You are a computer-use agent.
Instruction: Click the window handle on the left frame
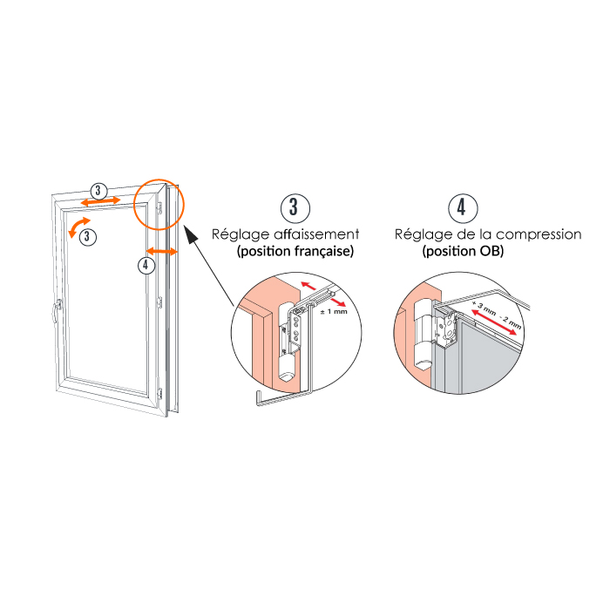pyautogui.click(x=58, y=310)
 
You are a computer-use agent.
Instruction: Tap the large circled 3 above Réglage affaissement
pyautogui.click(x=295, y=208)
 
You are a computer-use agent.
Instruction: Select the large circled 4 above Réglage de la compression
pyautogui.click(x=463, y=208)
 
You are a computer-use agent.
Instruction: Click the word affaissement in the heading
pyautogui.click(x=316, y=234)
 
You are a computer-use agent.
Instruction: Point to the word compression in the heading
pyautogui.click(x=539, y=234)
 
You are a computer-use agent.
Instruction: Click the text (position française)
pyautogui.click(x=295, y=251)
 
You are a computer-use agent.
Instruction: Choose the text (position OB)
pyautogui.click(x=463, y=251)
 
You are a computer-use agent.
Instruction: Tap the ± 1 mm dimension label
pyautogui.click(x=334, y=312)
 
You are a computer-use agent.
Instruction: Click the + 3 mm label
pyautogui.click(x=484, y=308)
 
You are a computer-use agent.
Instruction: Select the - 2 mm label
pyautogui.click(x=510, y=322)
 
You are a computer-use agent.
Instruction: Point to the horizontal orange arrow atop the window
pyautogui.click(x=100, y=201)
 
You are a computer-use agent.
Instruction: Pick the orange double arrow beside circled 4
pyautogui.click(x=162, y=251)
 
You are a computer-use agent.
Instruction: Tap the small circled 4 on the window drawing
pyautogui.click(x=146, y=265)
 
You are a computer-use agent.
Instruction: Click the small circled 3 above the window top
pyautogui.click(x=98, y=191)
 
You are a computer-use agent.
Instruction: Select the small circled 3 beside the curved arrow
pyautogui.click(x=87, y=236)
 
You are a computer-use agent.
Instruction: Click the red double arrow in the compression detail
pyautogui.click(x=494, y=322)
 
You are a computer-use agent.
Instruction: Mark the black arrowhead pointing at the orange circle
pyautogui.click(x=190, y=234)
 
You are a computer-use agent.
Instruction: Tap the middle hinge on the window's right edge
pyautogui.click(x=159, y=302)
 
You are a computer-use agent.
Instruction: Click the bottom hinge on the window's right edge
pyautogui.click(x=159, y=393)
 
